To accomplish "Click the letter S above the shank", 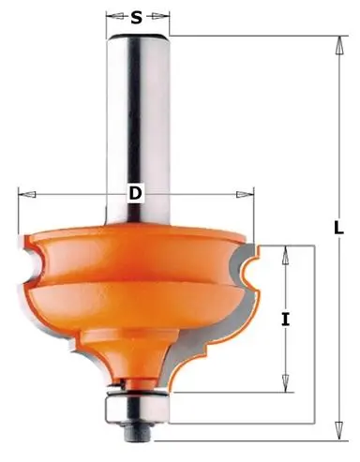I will [137, 17].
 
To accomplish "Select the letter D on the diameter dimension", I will [135, 194].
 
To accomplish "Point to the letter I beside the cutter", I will [285, 319].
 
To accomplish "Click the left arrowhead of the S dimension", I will [110, 17].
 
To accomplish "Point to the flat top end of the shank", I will [139, 36].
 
